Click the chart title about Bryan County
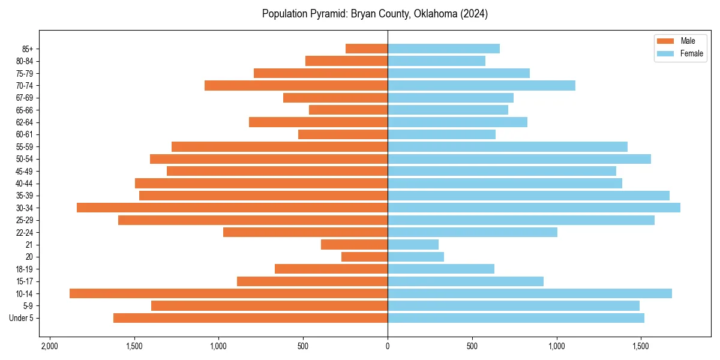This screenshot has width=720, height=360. tap(374, 14)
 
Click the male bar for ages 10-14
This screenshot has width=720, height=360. tap(229, 293)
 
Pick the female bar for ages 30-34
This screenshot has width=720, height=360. tap(534, 208)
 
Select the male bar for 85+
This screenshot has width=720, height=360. tap(367, 49)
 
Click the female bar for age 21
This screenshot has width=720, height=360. tap(413, 244)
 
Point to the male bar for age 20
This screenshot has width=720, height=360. tap(364, 257)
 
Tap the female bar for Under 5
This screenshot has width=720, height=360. tap(516, 318)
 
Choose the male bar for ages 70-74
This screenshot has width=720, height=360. tap(296, 85)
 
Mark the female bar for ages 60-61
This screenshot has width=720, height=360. tap(442, 134)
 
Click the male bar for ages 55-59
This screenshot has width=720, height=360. tap(280, 146)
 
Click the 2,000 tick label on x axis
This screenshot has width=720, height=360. tap(49, 346)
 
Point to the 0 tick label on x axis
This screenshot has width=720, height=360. tap(388, 346)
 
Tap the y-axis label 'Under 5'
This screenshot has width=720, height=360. tap(22, 318)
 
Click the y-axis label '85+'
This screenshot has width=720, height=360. tap(26, 49)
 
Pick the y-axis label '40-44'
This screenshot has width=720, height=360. tap(24, 184)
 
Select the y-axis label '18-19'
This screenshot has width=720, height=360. tap(24, 269)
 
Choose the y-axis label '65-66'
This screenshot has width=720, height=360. tap(24, 110)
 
